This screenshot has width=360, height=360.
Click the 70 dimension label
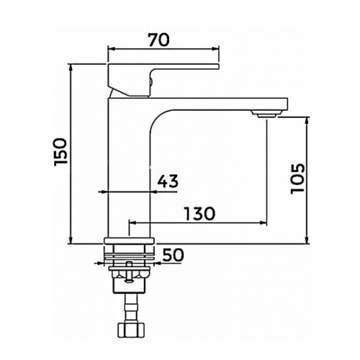pos(158,40)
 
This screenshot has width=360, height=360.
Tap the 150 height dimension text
pos(60,152)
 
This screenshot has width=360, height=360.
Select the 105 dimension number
pos(297,179)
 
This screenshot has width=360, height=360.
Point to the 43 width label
pos(168,181)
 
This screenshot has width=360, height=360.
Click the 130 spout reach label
pos(199,214)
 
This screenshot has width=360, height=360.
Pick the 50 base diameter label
pos(173,255)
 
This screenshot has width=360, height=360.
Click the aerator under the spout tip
pos(266,114)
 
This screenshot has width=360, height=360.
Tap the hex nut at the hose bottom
pos(131,330)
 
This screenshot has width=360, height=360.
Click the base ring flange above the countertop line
pos(129,240)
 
